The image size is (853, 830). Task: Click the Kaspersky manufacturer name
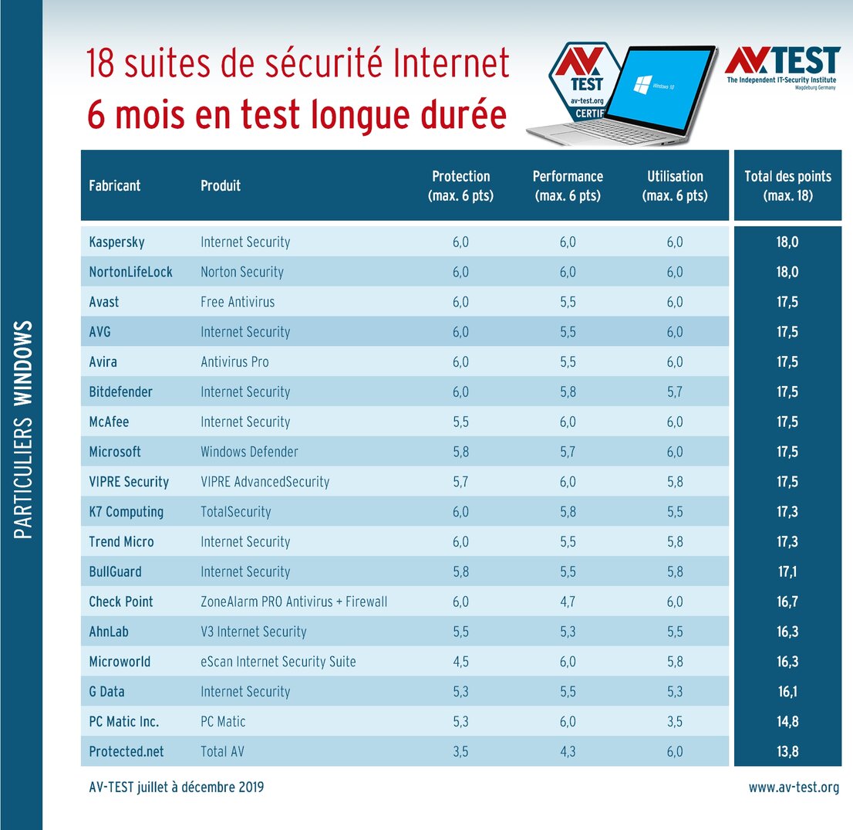pyautogui.click(x=116, y=242)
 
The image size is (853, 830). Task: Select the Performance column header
pyautogui.click(x=568, y=186)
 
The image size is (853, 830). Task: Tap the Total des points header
pyautogui.click(x=787, y=186)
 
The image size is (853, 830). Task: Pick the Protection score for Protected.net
pyautogui.click(x=460, y=751)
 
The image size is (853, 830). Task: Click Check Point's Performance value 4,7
pyautogui.click(x=568, y=601)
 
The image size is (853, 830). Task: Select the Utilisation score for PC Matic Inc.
pyautogui.click(x=674, y=721)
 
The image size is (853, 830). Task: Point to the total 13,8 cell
pyautogui.click(x=787, y=751)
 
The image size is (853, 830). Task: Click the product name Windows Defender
pyautogui.click(x=249, y=452)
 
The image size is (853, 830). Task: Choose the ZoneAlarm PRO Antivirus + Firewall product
pyautogui.click(x=293, y=601)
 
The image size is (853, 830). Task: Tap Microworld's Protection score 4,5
pyautogui.click(x=460, y=662)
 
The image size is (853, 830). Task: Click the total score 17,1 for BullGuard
pyautogui.click(x=787, y=572)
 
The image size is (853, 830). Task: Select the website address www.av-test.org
pyautogui.click(x=794, y=788)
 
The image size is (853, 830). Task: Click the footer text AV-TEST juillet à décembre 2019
pyautogui.click(x=177, y=788)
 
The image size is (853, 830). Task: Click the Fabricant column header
pyautogui.click(x=115, y=186)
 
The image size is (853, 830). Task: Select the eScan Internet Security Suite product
pyautogui.click(x=278, y=662)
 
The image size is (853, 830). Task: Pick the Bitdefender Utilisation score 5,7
pyautogui.click(x=674, y=392)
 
